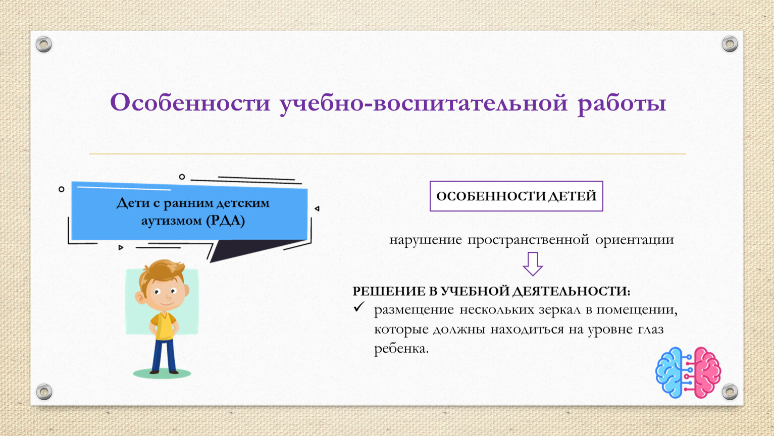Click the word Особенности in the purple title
click(190, 102)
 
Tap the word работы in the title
click(622, 103)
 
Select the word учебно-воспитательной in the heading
click(424, 103)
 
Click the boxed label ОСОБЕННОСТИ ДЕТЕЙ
click(516, 196)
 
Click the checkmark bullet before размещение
click(359, 306)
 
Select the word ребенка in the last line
click(401, 348)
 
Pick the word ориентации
click(635, 240)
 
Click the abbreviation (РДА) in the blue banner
click(225, 221)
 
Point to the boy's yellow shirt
click(164, 326)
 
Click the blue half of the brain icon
click(669, 372)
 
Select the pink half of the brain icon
click(707, 372)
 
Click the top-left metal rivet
click(44, 44)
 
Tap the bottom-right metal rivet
click(730, 392)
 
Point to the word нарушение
click(425, 240)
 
